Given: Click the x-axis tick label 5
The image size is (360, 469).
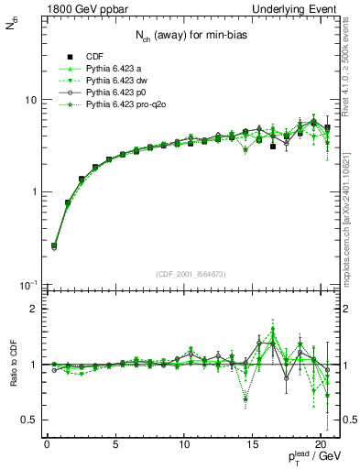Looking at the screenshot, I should pyautogui.click(x=115, y=444).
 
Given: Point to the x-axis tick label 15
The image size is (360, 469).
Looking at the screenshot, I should pyautogui.click(x=252, y=444).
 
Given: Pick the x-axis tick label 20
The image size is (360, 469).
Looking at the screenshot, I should pyautogui.click(x=321, y=444).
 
